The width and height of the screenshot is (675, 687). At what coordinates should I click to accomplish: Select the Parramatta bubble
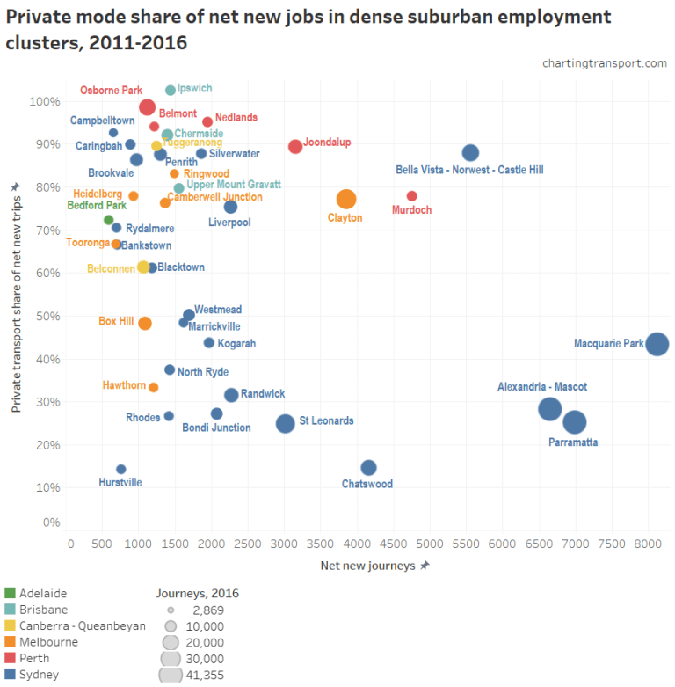click(x=574, y=422)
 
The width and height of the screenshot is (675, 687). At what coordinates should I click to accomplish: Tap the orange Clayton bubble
click(x=346, y=200)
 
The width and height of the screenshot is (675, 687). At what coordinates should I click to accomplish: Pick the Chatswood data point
click(x=368, y=468)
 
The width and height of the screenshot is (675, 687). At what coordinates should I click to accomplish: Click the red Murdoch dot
click(x=411, y=196)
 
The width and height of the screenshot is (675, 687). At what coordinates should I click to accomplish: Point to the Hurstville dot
click(x=121, y=470)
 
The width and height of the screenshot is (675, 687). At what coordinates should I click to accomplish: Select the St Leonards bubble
click(x=285, y=423)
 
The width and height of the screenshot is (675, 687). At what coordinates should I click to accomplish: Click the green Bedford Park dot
click(x=109, y=220)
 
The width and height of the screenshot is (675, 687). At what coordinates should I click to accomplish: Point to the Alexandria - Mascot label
click(x=542, y=387)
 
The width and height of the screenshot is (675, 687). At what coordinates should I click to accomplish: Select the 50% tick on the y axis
click(x=47, y=316)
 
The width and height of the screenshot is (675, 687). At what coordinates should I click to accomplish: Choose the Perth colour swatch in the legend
click(x=10, y=658)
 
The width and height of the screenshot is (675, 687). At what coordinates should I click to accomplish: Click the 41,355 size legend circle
click(x=171, y=675)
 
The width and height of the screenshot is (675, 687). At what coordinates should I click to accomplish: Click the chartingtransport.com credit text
click(x=605, y=63)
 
